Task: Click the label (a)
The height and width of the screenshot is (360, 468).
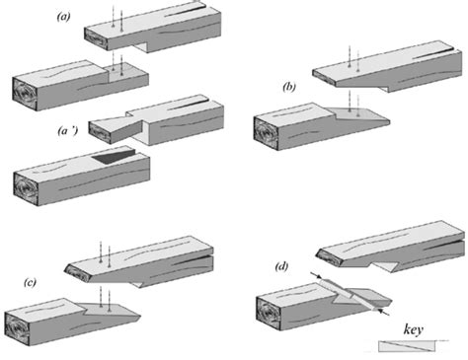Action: (63, 16)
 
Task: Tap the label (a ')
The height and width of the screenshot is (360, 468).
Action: (67, 131)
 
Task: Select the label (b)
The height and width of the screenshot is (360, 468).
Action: (289, 87)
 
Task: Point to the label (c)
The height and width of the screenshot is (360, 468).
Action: (30, 282)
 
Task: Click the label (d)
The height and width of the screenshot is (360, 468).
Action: (281, 266)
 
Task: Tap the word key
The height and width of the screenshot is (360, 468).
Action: (414, 329)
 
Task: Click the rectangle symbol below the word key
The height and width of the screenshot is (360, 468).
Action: (407, 346)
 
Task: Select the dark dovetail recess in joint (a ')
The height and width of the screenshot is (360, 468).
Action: (114, 156)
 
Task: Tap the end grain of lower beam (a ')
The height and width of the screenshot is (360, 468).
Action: (26, 189)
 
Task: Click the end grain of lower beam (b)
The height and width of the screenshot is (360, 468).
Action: (267, 134)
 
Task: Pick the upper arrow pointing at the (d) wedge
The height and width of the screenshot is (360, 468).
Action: (316, 275)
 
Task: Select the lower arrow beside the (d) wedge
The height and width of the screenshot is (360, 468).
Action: (384, 312)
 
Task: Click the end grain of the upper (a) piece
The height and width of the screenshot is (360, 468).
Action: (97, 38)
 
